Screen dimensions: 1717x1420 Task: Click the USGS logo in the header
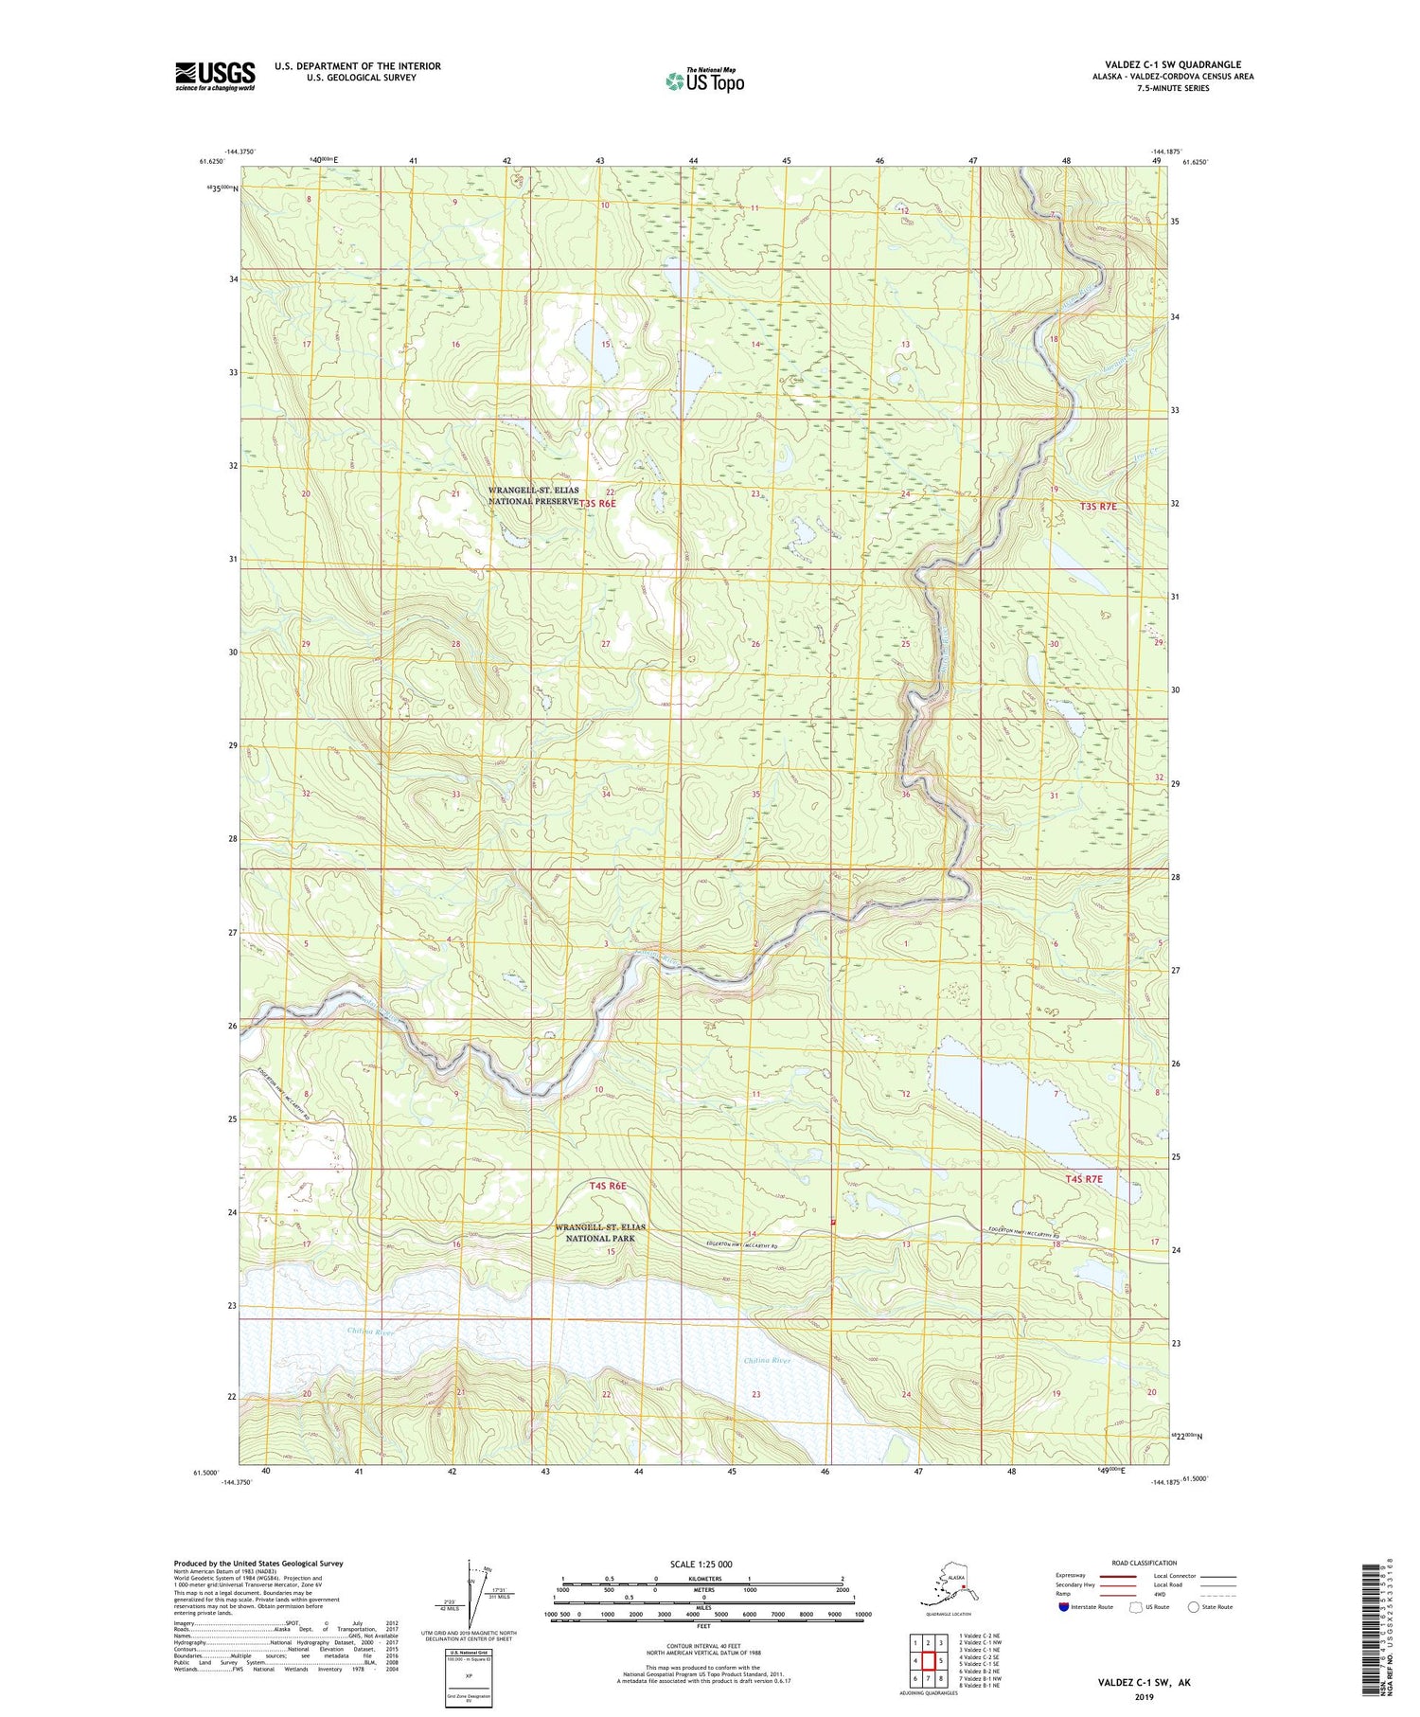point(215,76)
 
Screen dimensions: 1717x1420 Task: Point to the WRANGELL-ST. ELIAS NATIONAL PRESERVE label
point(533,496)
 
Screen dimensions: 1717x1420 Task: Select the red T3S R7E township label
point(1098,507)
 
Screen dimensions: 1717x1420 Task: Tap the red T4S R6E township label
point(608,1186)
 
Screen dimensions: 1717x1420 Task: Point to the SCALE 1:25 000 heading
point(701,1564)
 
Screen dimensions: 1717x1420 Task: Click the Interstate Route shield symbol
point(1064,1607)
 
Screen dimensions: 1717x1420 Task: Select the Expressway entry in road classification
point(1072,1576)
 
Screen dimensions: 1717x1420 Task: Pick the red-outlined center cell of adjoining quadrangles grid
point(929,1660)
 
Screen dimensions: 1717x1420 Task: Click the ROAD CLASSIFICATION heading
point(1145,1563)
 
